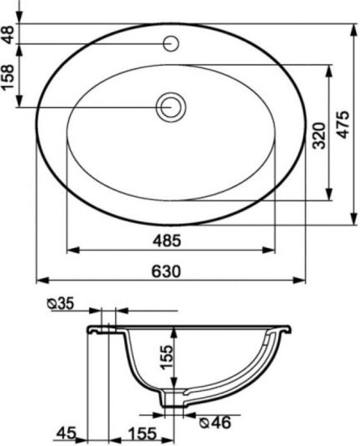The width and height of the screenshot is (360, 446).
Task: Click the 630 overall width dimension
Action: [165, 271]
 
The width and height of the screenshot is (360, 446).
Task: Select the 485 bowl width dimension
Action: [167, 241]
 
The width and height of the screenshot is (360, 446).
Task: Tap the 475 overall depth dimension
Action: [343, 125]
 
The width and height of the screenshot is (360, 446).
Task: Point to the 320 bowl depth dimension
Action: [319, 135]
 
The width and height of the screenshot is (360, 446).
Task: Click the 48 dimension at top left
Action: [9, 34]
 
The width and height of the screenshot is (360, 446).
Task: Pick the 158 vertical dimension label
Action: [8, 77]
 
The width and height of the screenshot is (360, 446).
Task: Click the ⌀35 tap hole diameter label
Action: [61, 303]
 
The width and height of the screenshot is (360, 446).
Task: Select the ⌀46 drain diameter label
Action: [215, 423]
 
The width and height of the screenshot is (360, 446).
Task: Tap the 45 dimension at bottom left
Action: [66, 434]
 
